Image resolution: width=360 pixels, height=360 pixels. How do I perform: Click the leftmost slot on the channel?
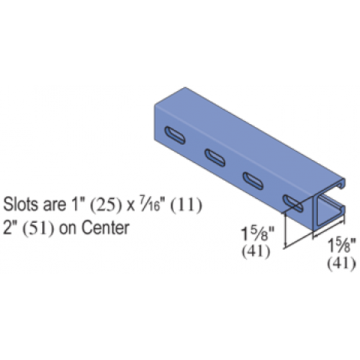pos(175,136)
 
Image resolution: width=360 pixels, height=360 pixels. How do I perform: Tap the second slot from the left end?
pos(215,158)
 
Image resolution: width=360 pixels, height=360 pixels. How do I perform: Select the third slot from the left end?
pos(253,181)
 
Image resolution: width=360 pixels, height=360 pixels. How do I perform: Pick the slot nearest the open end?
pos(293,204)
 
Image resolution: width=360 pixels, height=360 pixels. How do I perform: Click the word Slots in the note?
pos(21,205)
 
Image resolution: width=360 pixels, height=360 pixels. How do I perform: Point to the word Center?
pos(105,227)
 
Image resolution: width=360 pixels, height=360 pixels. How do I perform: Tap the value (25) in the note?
pos(106,205)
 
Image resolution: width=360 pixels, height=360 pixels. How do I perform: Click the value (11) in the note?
pos(186,205)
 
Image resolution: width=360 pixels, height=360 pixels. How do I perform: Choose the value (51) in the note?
pos(38,229)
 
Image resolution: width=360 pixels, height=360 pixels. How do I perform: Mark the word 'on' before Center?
pos(67,230)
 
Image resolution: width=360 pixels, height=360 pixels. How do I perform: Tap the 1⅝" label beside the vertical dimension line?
pos(257,234)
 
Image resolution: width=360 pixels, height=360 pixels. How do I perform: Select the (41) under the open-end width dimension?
pos(342,263)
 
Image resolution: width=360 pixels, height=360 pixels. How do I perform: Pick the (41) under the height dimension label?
pos(256,251)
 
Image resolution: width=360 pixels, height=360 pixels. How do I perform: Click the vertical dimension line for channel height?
pos(285,231)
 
